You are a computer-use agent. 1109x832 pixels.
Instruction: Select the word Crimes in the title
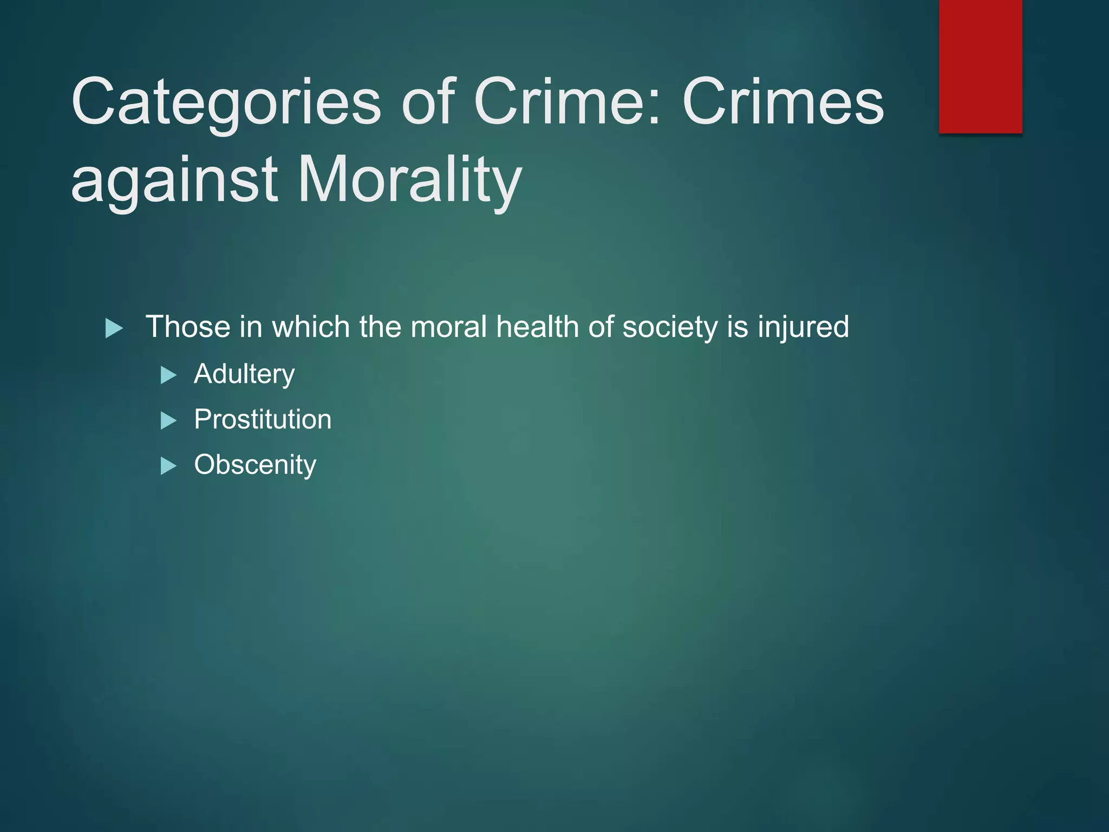point(783,102)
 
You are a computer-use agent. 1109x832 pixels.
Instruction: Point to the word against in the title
point(174,179)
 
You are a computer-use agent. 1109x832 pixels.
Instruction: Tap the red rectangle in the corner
point(980,66)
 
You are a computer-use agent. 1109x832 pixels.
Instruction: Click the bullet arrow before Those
point(114,328)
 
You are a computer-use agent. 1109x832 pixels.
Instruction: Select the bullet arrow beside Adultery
point(169,375)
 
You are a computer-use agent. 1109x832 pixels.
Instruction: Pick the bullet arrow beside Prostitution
point(169,420)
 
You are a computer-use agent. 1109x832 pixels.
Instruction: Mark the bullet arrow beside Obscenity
point(169,466)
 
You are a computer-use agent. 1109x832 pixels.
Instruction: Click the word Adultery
point(244,374)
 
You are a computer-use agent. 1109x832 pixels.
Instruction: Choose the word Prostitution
point(263,420)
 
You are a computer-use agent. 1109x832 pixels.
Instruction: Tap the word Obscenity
point(255,465)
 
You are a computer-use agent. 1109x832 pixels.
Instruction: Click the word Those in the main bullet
point(188,327)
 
